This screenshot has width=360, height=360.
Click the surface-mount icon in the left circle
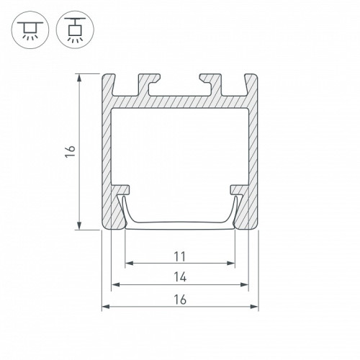pyautogui.click(x=30, y=30)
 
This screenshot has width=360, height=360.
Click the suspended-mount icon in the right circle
pyautogui.click(x=75, y=30)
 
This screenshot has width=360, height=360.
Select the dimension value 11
pyautogui.click(x=180, y=256)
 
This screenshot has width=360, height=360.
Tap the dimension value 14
pyautogui.click(x=180, y=277)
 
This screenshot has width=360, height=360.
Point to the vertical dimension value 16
pyautogui.click(x=71, y=151)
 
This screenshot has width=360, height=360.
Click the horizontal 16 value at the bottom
pyautogui.click(x=180, y=300)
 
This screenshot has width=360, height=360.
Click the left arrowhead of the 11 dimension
pyautogui.click(x=129, y=264)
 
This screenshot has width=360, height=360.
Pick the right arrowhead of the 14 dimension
pyautogui.click(x=244, y=284)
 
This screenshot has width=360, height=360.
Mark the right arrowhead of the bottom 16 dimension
pyautogui.click(x=254, y=307)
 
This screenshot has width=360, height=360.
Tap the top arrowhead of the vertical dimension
pyautogui.click(x=79, y=78)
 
